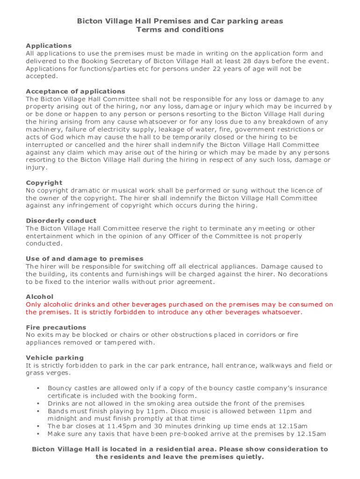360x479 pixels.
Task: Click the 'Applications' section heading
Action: (x=49, y=46)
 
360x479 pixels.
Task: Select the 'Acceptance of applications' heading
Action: (x=75, y=91)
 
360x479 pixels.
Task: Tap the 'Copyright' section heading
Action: (x=44, y=183)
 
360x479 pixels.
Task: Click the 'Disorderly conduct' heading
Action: (x=61, y=221)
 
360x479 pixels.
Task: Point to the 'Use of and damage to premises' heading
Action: (x=85, y=259)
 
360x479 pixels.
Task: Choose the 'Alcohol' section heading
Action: (x=40, y=297)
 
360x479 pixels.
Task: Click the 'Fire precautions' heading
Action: (x=56, y=327)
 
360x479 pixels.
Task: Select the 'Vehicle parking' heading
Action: (x=55, y=358)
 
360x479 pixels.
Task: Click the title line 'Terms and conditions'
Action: (x=180, y=30)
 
